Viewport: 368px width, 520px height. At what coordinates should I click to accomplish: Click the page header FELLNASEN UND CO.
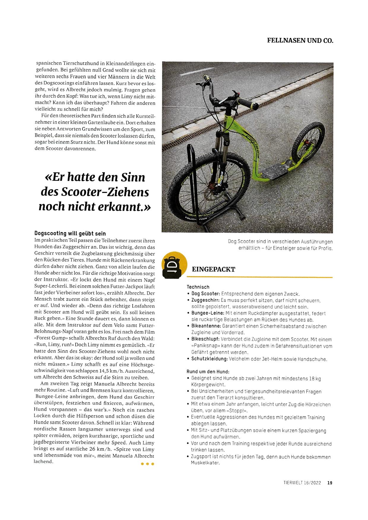click(x=300, y=40)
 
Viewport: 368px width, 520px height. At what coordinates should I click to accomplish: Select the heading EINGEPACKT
click(x=214, y=269)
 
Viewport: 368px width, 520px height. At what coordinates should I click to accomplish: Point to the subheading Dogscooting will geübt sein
click(x=70, y=233)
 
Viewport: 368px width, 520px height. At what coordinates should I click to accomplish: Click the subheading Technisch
click(x=198, y=287)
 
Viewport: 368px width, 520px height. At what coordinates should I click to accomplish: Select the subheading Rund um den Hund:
click(x=208, y=371)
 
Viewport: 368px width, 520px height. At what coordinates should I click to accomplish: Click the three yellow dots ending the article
click(x=147, y=464)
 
